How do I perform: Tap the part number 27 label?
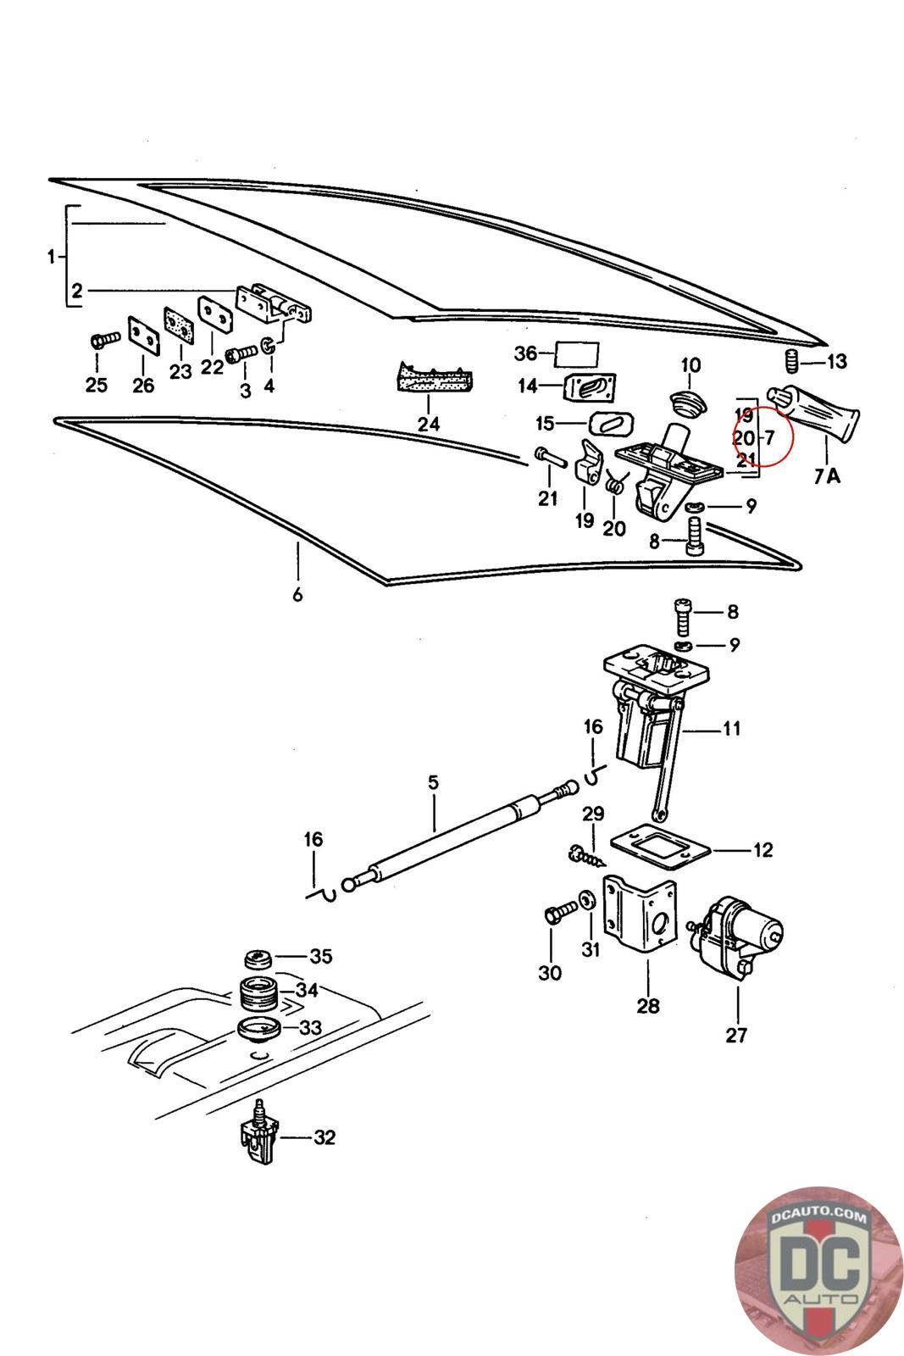736,1035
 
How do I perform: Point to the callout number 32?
324,1137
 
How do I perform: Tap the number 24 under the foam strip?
429,424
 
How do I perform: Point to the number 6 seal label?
297,594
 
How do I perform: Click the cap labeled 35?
257,959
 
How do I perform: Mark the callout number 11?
731,728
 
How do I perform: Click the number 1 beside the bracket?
51,256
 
